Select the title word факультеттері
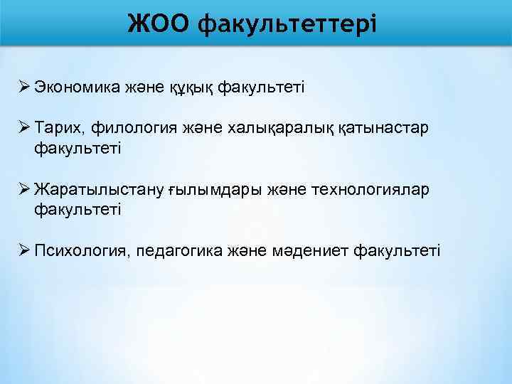[x=286, y=24]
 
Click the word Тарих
[x=55, y=127]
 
